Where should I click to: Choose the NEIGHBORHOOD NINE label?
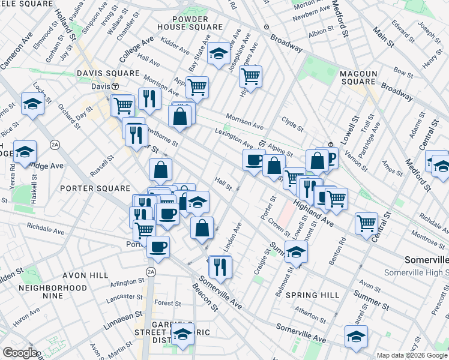53,292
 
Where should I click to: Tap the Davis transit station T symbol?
115,86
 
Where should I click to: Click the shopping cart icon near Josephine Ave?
250,76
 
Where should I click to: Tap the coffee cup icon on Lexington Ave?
254,160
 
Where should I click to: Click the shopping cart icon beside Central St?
366,223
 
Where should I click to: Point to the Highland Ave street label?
313,213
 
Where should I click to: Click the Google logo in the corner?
20,353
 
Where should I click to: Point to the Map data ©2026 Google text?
411,355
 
